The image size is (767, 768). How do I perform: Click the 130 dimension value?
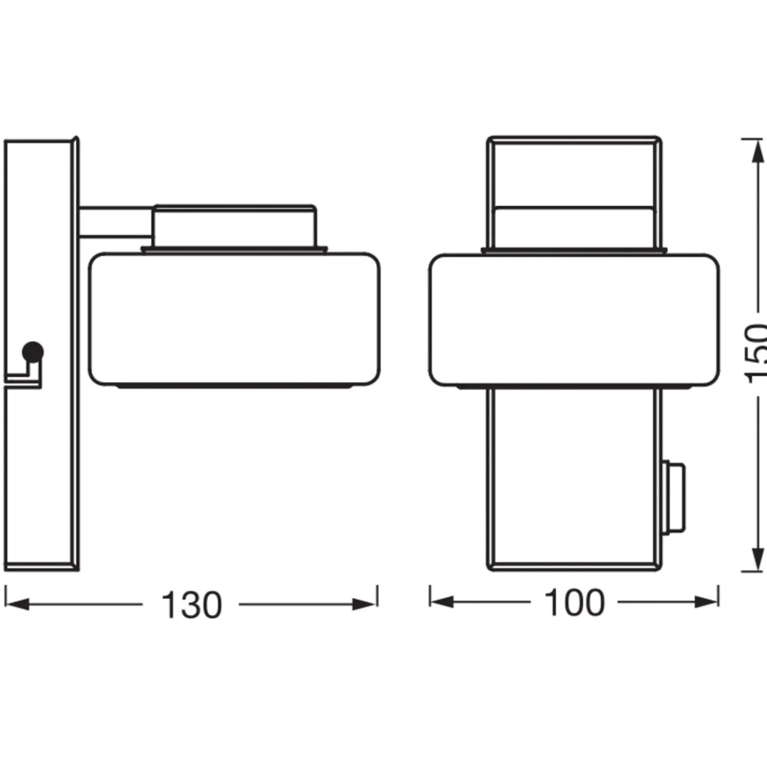click(x=192, y=605)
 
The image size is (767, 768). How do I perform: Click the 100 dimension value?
click(x=574, y=602)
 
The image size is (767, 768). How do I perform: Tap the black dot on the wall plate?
click(x=33, y=352)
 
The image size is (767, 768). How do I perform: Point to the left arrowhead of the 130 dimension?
click(x=17, y=604)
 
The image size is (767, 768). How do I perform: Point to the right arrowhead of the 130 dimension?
click(x=365, y=604)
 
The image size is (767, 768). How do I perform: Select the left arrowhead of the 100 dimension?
click(x=442, y=601)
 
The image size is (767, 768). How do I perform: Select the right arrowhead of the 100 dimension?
click(x=707, y=601)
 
